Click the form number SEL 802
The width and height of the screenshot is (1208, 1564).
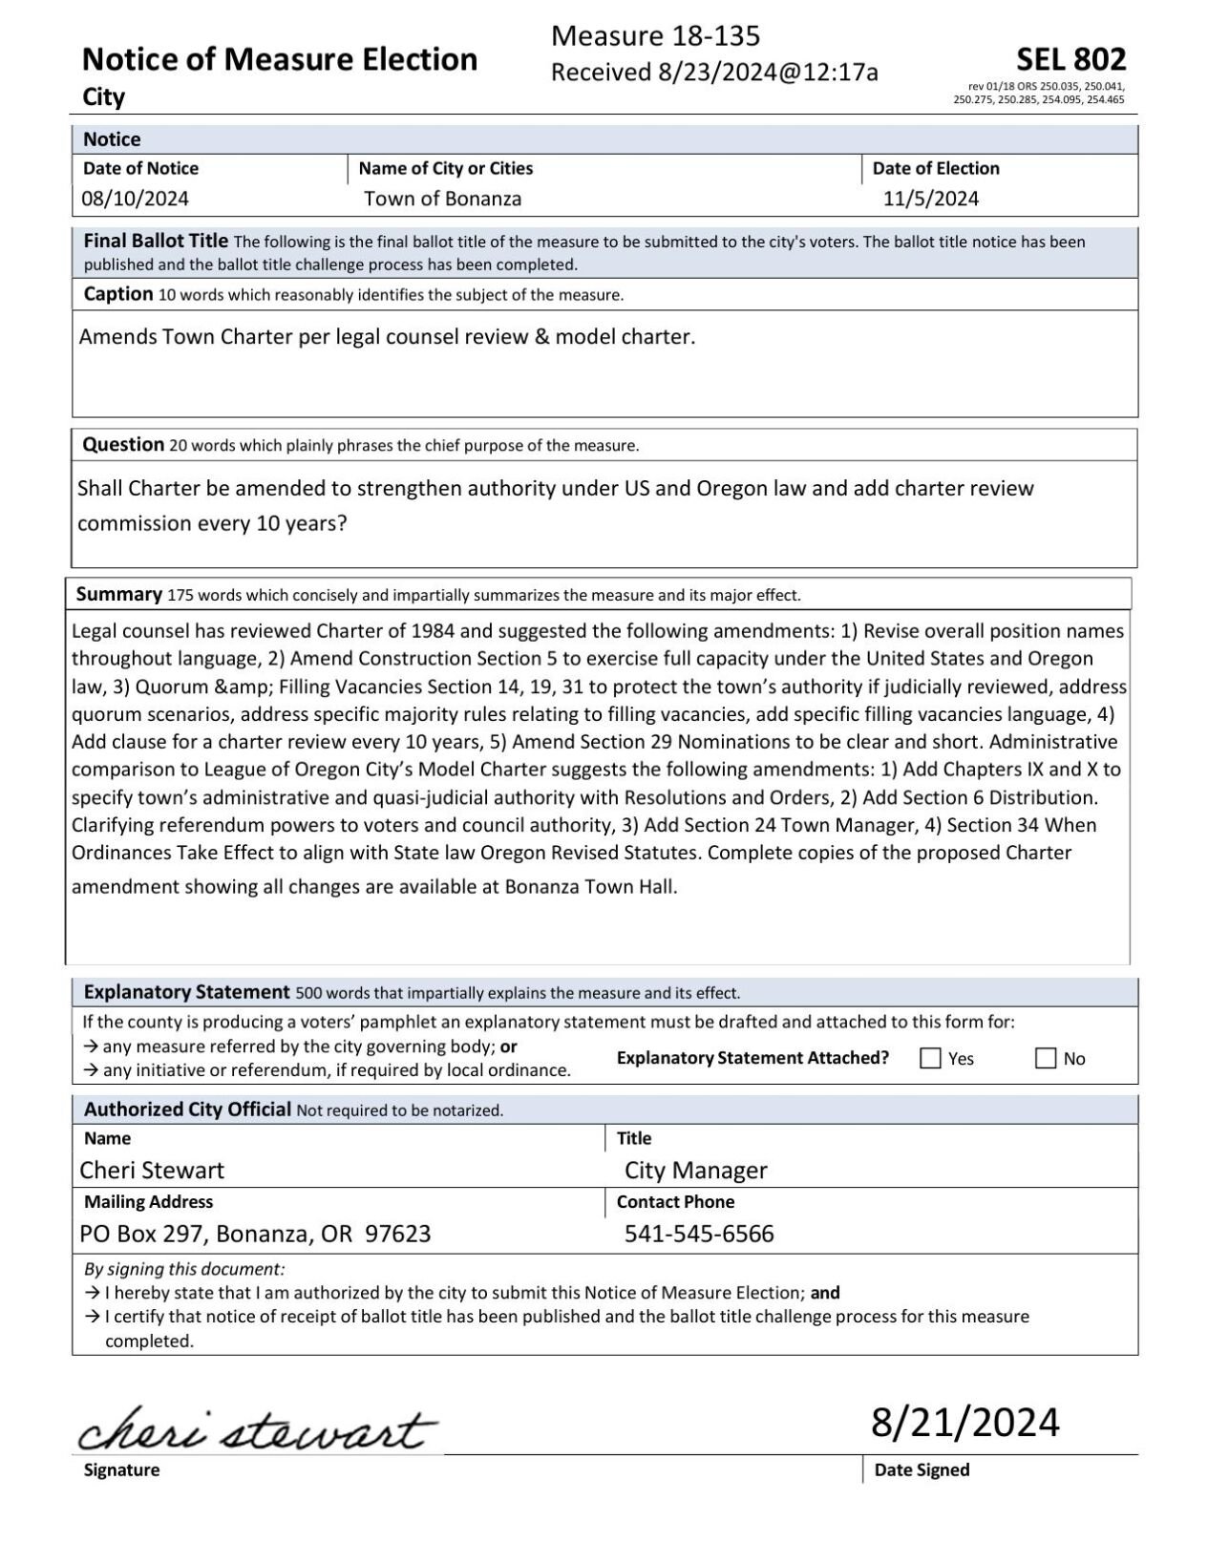click(x=1070, y=60)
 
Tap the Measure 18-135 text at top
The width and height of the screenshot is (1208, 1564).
click(x=655, y=36)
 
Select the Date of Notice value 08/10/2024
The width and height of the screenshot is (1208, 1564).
click(x=136, y=199)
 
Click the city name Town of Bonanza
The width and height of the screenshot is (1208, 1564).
click(x=442, y=199)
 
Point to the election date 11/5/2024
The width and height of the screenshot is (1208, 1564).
click(x=930, y=199)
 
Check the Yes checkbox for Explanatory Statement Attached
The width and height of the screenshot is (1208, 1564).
click(x=930, y=1058)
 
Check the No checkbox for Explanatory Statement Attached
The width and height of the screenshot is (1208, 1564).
click(x=1046, y=1058)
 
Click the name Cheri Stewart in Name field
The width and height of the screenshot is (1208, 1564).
click(x=152, y=1170)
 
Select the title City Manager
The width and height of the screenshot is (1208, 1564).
click(x=695, y=1170)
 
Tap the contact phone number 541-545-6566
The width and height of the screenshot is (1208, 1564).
click(x=699, y=1234)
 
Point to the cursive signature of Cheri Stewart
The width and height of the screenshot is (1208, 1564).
click(x=257, y=1429)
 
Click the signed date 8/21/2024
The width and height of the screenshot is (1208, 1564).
click(x=964, y=1422)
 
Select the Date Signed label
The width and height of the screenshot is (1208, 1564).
click(x=922, y=1469)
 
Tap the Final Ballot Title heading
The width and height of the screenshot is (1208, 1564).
click(x=156, y=241)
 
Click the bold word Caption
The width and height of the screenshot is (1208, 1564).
click(x=118, y=294)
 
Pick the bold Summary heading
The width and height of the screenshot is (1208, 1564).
click(x=118, y=594)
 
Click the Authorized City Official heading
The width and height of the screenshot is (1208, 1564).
click(x=187, y=1110)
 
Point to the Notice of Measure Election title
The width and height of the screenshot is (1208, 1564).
click(x=279, y=60)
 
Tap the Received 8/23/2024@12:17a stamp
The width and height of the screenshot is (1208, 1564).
click(x=714, y=73)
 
